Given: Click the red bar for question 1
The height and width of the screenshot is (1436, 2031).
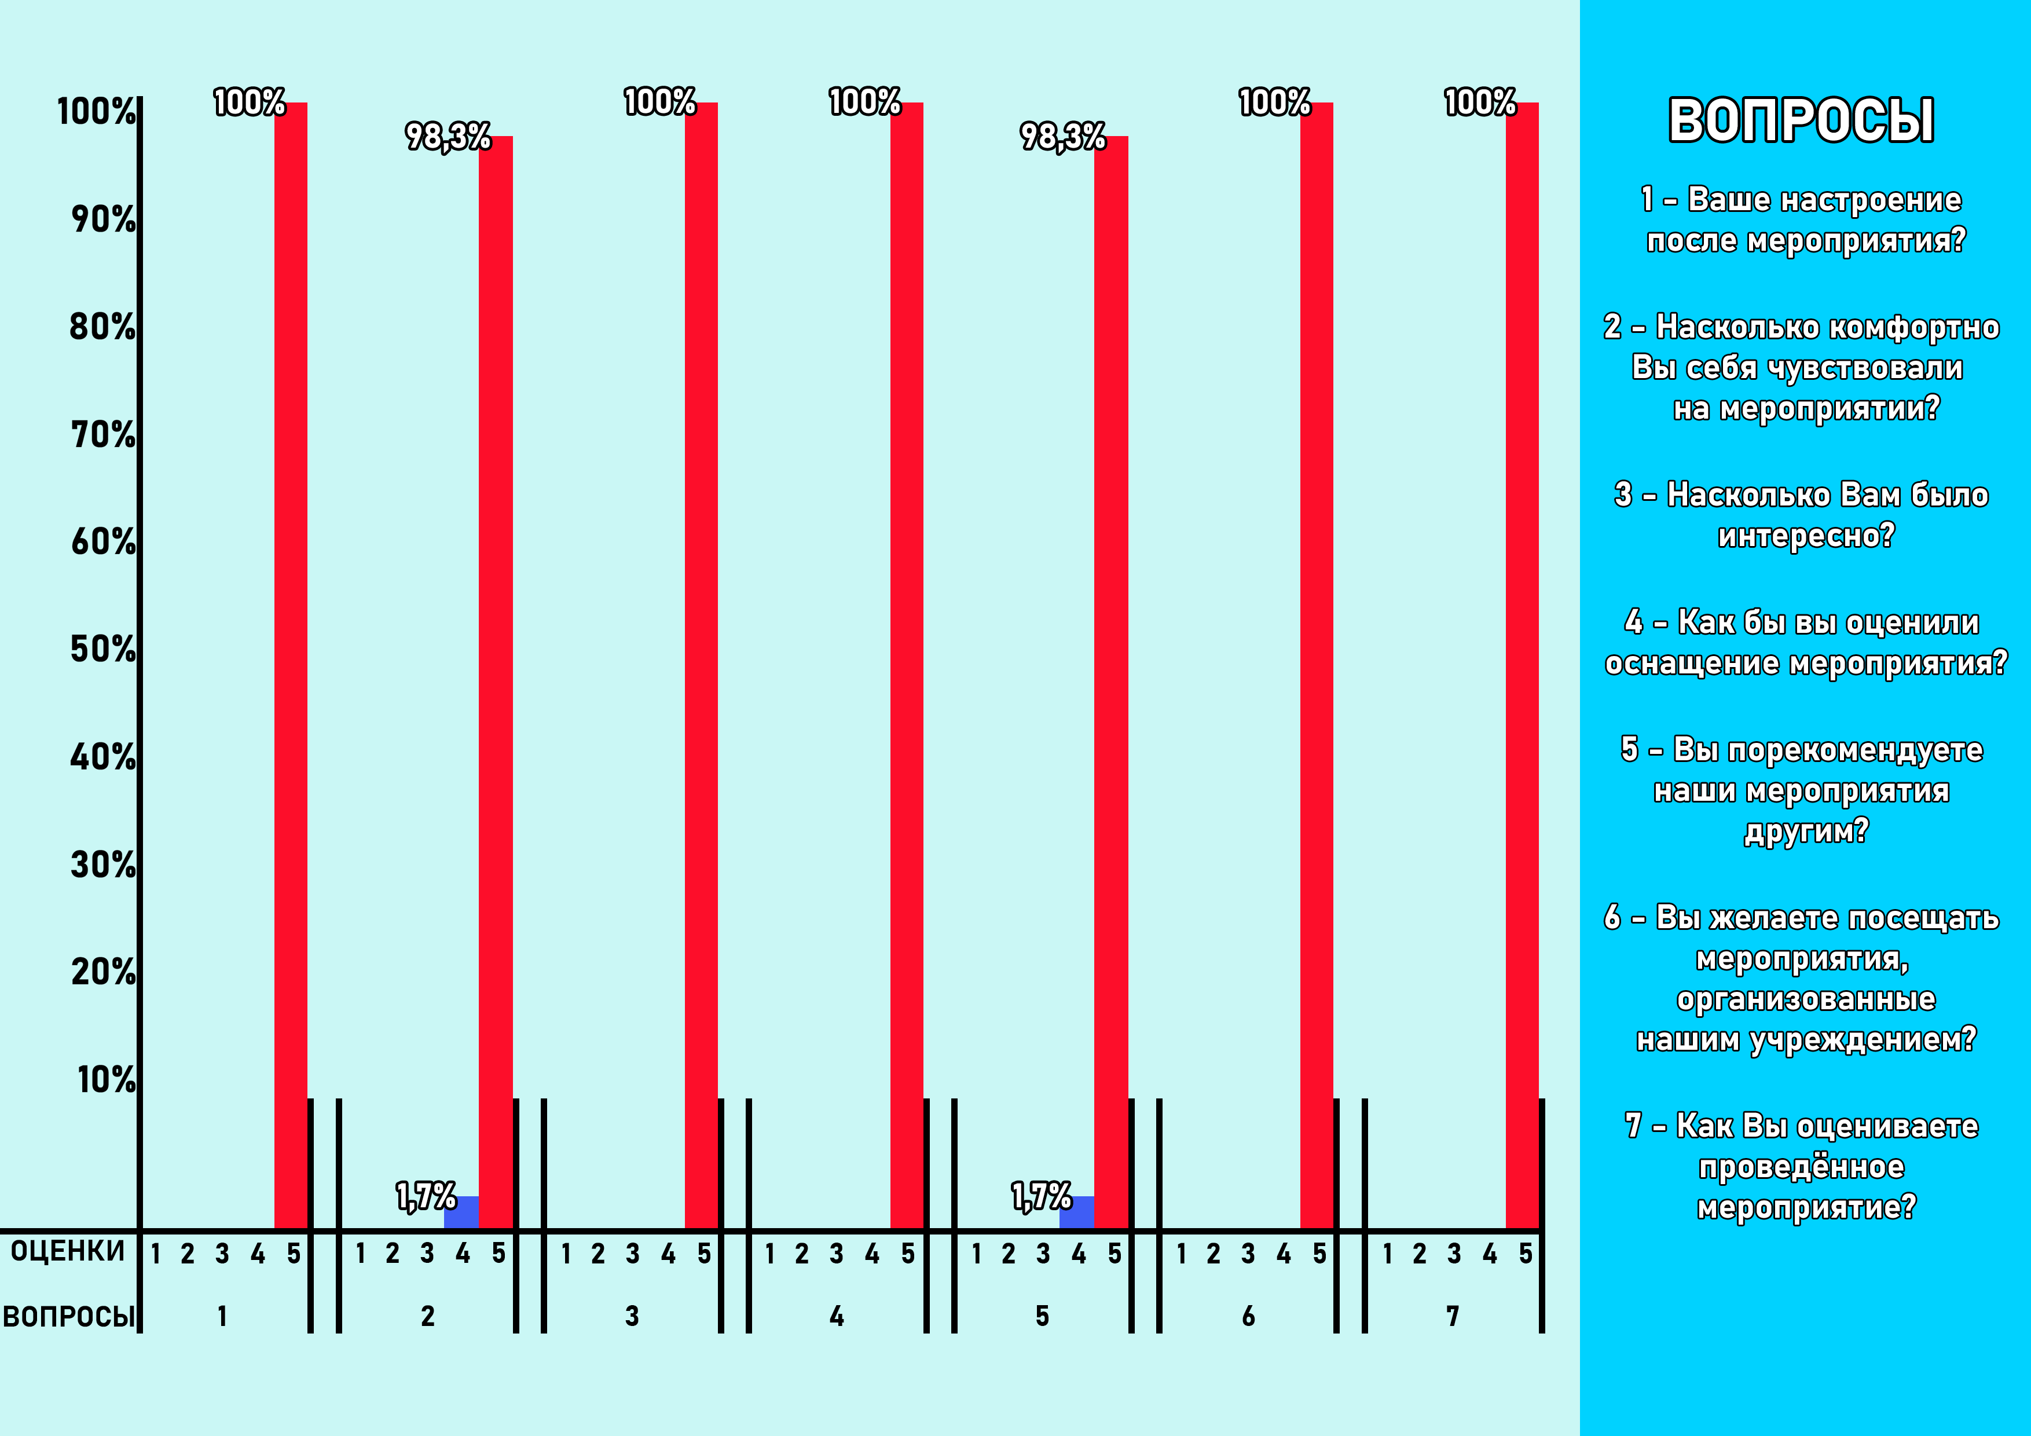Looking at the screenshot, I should [290, 664].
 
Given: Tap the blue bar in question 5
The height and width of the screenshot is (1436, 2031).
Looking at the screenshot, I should [1076, 1211].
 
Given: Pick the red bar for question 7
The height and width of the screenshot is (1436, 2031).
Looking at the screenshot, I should [1522, 664].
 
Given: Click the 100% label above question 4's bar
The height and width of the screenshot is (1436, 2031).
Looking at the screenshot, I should [864, 102].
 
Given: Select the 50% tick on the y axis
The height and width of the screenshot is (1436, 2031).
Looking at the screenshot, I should [104, 650].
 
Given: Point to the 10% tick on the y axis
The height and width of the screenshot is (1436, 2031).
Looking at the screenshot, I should [106, 1079].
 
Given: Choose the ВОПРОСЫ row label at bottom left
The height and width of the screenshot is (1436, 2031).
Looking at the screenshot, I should [69, 1317].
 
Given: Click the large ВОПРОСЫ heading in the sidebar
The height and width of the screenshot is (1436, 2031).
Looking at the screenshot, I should [1801, 120].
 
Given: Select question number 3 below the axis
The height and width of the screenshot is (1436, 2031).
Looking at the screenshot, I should [632, 1317].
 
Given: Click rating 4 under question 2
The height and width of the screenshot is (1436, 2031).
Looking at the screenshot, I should [463, 1254].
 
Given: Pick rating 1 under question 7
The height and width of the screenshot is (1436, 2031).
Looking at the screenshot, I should [1387, 1254].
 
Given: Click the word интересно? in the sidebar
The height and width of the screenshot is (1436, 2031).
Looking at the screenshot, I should [1805, 535].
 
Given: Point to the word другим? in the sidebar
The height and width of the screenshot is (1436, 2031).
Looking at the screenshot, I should [1805, 831].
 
